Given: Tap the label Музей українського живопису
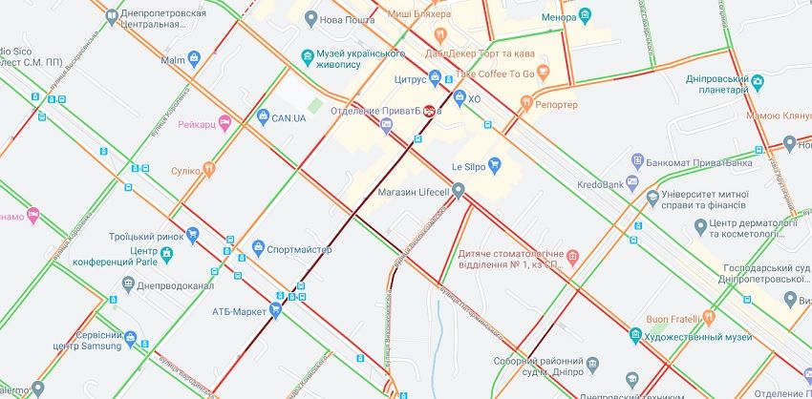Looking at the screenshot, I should [x=351, y=58].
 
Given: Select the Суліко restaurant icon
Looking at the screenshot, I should [x=208, y=169].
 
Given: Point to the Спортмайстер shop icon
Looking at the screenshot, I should [x=258, y=249].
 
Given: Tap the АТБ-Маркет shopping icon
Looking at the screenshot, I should [x=276, y=310].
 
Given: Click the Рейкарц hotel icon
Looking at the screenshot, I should [x=224, y=122].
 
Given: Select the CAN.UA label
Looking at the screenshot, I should [x=288, y=117].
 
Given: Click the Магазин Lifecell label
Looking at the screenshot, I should [x=414, y=194].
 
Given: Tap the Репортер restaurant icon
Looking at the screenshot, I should [x=525, y=102].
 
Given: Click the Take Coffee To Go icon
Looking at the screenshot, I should [x=544, y=70].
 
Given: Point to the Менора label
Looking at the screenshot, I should [x=559, y=16].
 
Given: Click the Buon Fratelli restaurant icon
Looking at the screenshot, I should [x=708, y=318].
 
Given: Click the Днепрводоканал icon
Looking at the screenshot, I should [x=128, y=283].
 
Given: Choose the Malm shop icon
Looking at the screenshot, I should [x=196, y=60].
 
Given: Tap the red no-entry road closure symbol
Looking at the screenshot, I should [x=431, y=111].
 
